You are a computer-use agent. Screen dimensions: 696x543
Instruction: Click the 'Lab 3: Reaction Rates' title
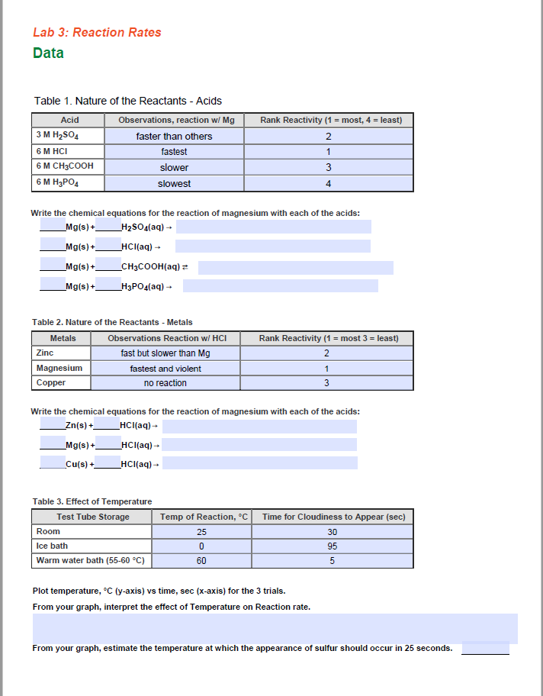coord(97,32)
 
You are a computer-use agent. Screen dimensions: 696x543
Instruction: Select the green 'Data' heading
coord(48,53)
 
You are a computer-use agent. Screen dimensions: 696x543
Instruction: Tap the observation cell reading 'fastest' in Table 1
coord(174,152)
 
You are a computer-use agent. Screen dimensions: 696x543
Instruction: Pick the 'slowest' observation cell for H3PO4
coord(174,184)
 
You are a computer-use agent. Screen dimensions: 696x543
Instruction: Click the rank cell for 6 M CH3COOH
coord(328,168)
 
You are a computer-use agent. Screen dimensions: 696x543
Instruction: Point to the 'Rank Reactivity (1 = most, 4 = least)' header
coord(330,120)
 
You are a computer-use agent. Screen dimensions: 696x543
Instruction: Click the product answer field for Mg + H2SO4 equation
coord(273,227)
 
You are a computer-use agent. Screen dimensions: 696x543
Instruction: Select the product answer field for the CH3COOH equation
coord(295,267)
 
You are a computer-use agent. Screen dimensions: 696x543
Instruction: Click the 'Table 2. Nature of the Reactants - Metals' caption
coord(112,322)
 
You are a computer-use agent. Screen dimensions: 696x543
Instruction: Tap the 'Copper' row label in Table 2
coord(51,382)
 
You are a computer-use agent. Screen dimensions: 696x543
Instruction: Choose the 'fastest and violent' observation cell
coord(165,369)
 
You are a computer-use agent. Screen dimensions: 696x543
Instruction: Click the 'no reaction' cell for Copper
coord(165,383)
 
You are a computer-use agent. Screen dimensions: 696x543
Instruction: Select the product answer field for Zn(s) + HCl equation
coord(259,426)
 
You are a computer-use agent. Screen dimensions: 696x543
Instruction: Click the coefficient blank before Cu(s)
coord(52,462)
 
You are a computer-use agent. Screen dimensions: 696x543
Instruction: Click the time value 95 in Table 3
coord(333,546)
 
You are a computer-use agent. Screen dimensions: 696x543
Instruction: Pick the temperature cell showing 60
coord(201,561)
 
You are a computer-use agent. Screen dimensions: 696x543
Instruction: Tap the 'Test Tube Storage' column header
coord(93,517)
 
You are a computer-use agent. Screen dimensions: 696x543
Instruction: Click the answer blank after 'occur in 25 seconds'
coord(485,648)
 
